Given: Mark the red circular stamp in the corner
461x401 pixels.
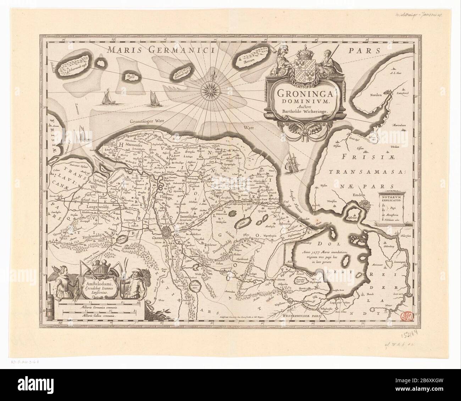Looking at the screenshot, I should click(x=404, y=314).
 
